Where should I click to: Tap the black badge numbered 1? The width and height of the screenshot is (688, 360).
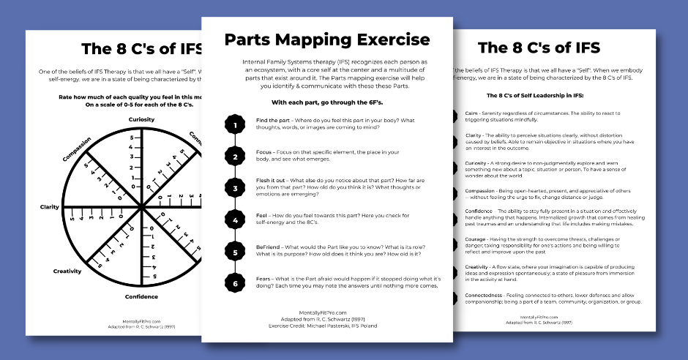pos(235,125)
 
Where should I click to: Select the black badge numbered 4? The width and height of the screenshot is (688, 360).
pos(235,220)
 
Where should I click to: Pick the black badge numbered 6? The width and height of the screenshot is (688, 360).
pos(235,284)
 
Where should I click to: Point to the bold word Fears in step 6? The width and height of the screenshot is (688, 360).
pos(266,279)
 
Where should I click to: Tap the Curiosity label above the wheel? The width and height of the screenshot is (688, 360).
pos(141,119)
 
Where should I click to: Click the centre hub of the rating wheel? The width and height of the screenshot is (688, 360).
pos(141,207)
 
